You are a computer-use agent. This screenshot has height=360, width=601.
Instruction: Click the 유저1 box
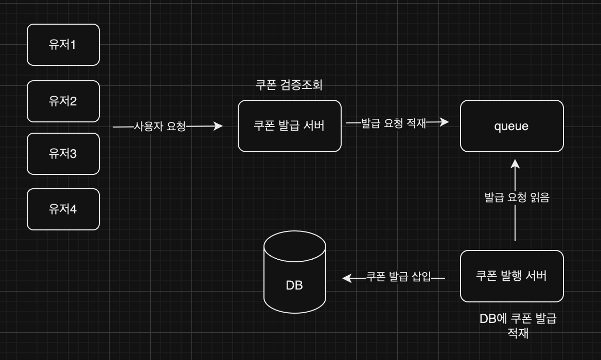(x=63, y=45)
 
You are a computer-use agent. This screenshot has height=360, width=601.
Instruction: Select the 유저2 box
(x=63, y=101)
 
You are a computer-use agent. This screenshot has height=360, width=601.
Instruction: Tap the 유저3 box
(x=63, y=153)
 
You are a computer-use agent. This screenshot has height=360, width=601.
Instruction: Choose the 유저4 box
(x=63, y=209)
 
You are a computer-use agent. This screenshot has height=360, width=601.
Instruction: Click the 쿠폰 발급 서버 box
(x=289, y=126)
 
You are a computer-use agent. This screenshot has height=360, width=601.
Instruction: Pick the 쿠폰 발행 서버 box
(x=511, y=276)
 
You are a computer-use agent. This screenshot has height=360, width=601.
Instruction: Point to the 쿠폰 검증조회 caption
(x=289, y=85)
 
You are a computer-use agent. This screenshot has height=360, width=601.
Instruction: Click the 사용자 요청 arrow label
(x=160, y=126)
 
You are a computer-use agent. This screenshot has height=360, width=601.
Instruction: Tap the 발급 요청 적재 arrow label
(x=393, y=123)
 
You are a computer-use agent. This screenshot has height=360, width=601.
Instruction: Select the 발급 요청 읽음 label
(x=517, y=197)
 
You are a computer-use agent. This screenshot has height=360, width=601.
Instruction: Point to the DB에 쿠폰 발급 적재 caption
(x=518, y=326)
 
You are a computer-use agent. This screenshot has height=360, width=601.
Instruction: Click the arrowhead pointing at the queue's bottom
(x=515, y=164)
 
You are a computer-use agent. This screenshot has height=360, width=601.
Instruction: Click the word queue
(x=511, y=126)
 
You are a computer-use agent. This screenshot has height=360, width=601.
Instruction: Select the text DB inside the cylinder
(x=294, y=285)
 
